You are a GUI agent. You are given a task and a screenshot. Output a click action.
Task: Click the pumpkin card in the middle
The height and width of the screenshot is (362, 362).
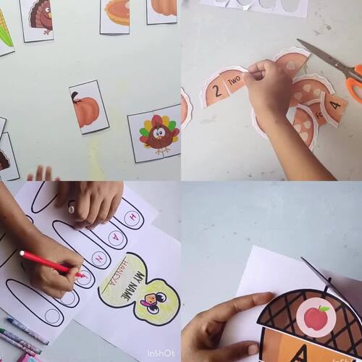(88, 109)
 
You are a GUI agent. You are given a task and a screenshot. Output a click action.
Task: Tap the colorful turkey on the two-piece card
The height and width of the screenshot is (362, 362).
(160, 133)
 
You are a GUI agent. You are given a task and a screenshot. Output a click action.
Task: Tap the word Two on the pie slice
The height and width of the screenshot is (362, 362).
(234, 82)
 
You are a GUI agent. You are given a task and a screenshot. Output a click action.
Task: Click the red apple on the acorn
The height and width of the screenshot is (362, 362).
(316, 316)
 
